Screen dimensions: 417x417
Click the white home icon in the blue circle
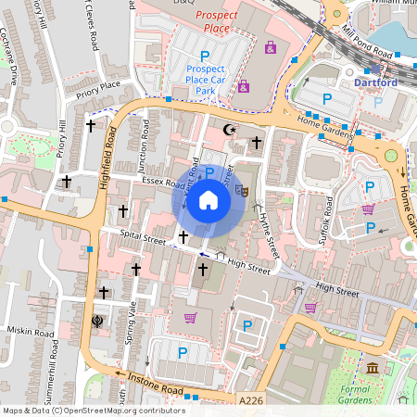tap(208, 200)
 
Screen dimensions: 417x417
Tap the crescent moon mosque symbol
tap(230, 131)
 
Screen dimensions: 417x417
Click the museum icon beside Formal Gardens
tap(373, 368)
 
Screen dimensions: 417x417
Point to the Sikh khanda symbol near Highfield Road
tap(98, 321)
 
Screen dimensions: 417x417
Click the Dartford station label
tap(375, 82)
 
